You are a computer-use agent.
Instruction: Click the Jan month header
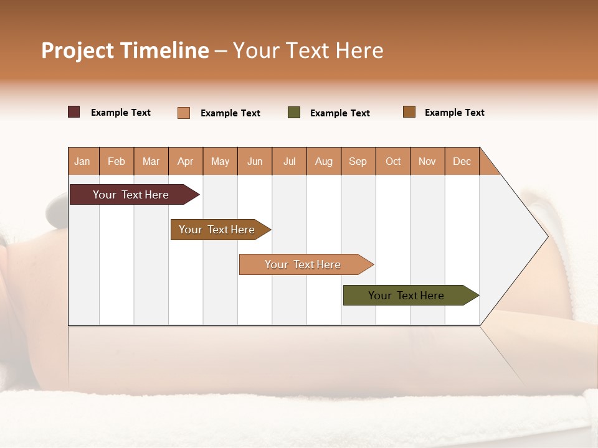83,161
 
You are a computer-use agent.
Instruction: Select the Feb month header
116,161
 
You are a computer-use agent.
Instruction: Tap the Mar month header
151,161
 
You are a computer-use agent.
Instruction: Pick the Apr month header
186,161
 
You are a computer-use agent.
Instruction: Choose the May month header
220,161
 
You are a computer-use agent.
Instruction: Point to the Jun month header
255,161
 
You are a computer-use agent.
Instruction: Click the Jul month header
289,161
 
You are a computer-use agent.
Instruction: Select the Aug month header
324,161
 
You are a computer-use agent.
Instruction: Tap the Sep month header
358,161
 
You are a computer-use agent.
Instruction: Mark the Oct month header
393,161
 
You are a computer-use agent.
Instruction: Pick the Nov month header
427,161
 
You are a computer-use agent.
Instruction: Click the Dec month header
462,161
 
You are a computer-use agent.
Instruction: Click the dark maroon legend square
74,112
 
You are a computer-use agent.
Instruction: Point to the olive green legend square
294,113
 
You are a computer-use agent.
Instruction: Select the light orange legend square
184,113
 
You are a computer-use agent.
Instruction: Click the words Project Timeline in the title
125,50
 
